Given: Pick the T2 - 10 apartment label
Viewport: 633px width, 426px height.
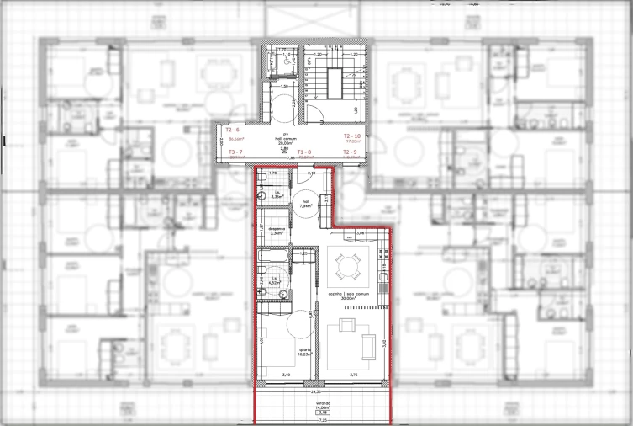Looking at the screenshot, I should click(x=351, y=135).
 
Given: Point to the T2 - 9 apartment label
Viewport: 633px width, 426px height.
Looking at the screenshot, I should click(x=351, y=151).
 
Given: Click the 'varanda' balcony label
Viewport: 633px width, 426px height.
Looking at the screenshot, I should click(x=322, y=403).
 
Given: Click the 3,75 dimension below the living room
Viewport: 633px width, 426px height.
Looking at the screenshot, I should click(x=354, y=375).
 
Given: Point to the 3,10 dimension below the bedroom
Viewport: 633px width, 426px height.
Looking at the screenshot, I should click(x=286, y=375).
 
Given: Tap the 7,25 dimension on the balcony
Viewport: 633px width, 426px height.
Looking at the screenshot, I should click(x=324, y=422).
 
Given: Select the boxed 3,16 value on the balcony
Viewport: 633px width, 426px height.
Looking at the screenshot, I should click(x=323, y=413).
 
